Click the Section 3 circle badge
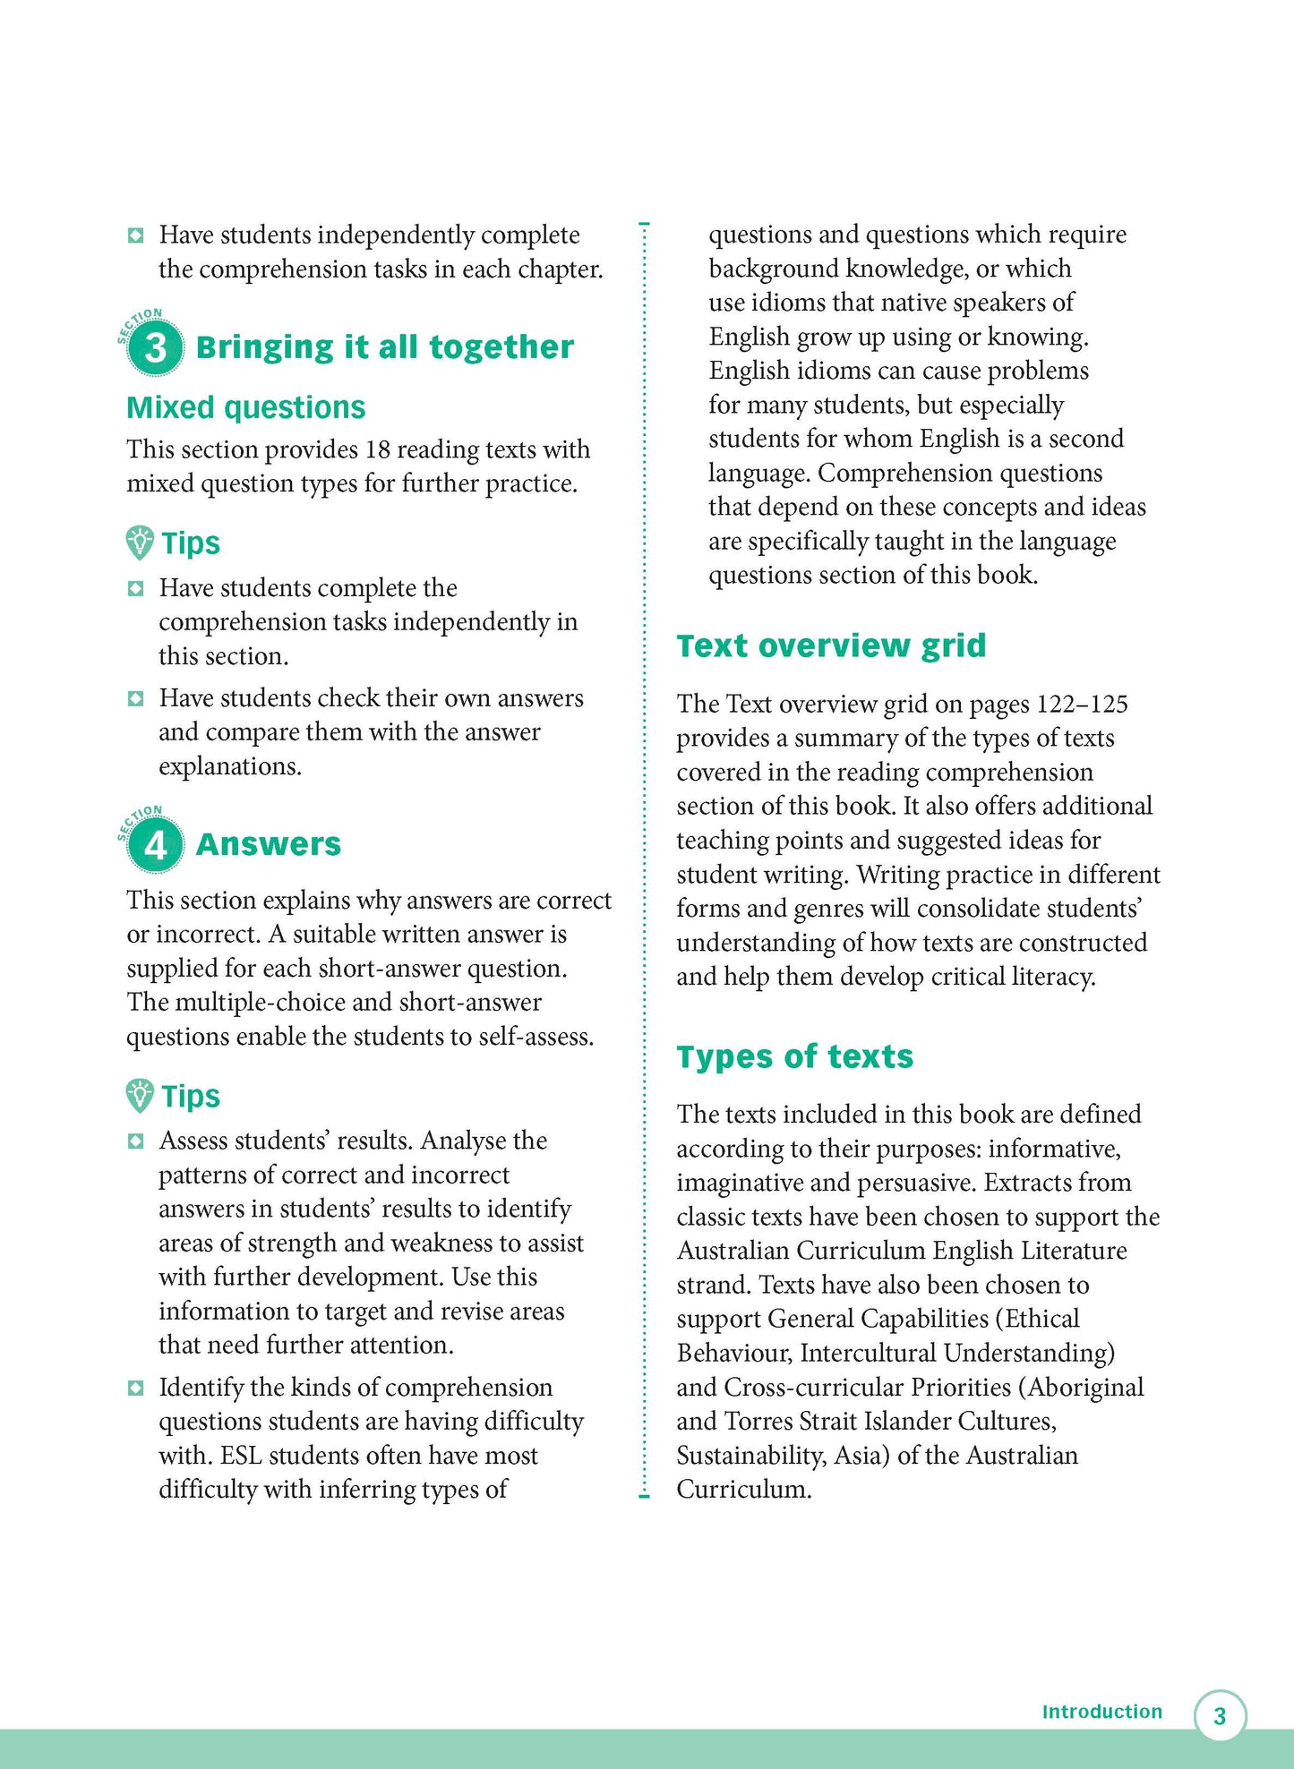[155, 346]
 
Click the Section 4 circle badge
[155, 844]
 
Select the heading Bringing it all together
[384, 347]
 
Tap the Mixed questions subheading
[245, 407]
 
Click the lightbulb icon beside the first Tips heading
[140, 543]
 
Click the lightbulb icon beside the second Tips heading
[140, 1096]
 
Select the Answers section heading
[268, 844]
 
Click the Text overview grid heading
[830, 645]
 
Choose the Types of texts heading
[794, 1056]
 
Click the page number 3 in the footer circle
[1220, 1716]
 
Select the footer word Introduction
[1101, 1712]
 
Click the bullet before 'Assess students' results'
[135, 1141]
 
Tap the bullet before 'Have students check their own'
[135, 698]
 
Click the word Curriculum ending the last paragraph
[741, 1490]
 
